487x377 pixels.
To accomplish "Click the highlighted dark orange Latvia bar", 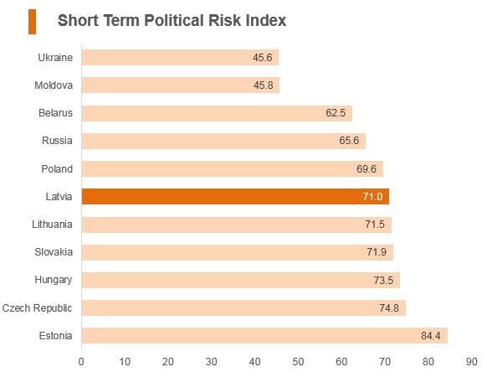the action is click(235, 197).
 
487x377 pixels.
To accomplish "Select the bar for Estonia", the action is click(264, 336).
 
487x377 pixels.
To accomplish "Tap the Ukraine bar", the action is click(180, 58).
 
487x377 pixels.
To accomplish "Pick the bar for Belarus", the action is click(217, 113).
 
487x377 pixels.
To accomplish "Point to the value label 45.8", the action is click(264, 85).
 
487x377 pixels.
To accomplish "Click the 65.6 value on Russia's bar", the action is click(349, 141).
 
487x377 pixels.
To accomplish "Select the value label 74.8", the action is click(389, 308).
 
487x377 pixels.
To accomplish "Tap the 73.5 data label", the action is click(383, 281).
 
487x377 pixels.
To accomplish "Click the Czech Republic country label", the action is click(37, 308).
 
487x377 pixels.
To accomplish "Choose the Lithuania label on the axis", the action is click(52, 225).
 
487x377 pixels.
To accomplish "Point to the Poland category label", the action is click(57, 169).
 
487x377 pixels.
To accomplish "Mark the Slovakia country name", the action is click(54, 252).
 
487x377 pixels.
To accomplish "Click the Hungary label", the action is click(54, 280).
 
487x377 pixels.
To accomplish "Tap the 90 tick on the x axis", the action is click(471, 362).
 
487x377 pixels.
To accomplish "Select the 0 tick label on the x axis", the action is click(81, 362).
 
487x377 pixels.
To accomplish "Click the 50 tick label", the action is click(298, 362).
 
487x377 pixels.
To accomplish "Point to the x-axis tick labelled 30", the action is click(211, 362).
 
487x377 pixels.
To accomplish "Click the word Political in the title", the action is click(174, 21).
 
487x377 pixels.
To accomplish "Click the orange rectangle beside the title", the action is click(33, 22).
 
